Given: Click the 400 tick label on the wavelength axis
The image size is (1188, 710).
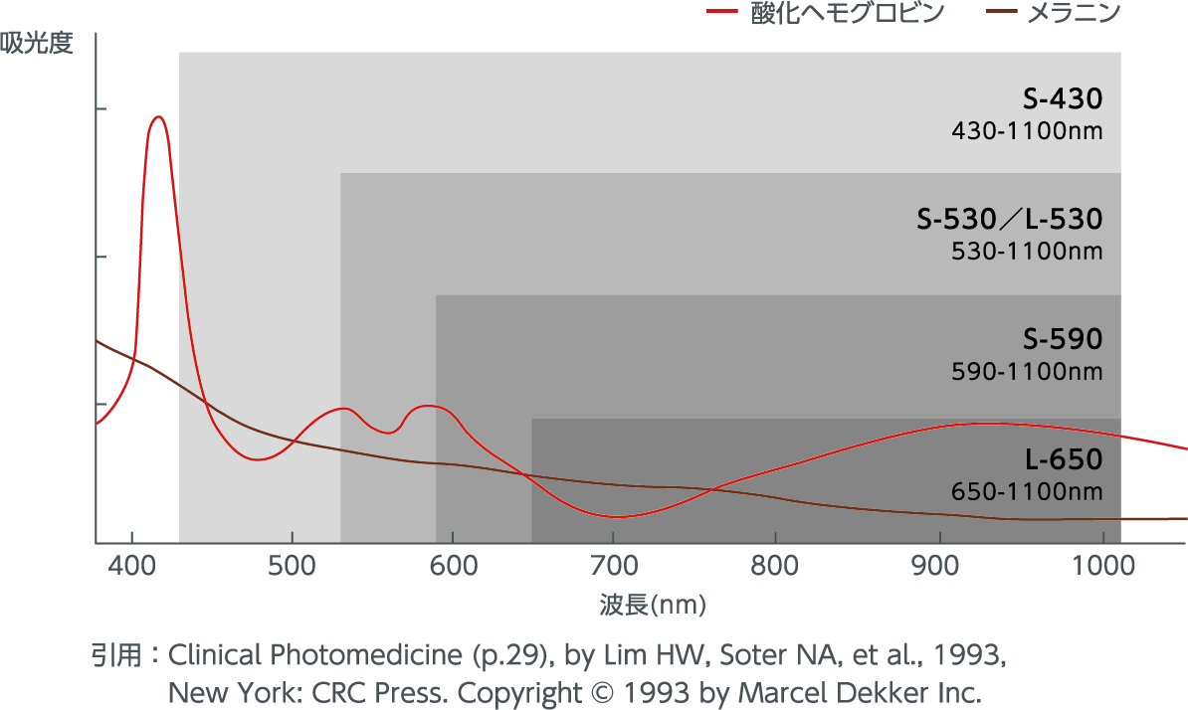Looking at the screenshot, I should pyautogui.click(x=132, y=566).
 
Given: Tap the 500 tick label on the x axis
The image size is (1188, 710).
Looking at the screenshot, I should pyautogui.click(x=291, y=566).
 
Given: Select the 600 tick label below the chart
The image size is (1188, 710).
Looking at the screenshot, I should pyautogui.click(x=452, y=566).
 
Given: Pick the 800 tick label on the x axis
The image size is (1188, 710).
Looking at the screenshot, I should pyautogui.click(x=774, y=566).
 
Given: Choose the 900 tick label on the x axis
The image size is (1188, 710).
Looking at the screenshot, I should pyautogui.click(x=936, y=566).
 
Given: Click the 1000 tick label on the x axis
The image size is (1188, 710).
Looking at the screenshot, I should pyautogui.click(x=1102, y=566).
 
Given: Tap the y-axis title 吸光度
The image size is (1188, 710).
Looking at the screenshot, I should pyautogui.click(x=37, y=45).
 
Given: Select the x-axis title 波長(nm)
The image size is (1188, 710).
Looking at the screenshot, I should pyautogui.click(x=644, y=604).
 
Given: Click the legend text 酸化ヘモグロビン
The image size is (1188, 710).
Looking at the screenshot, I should pyautogui.click(x=847, y=14).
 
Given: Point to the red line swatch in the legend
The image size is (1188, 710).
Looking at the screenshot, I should pyautogui.click(x=720, y=14).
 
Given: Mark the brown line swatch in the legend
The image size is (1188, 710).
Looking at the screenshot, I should pyautogui.click(x=998, y=14).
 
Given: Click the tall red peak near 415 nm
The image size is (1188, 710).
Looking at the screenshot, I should pyautogui.click(x=157, y=117).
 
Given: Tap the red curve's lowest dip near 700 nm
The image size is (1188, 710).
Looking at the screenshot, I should pyautogui.click(x=617, y=516).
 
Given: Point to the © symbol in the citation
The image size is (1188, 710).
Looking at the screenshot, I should pyautogui.click(x=604, y=692).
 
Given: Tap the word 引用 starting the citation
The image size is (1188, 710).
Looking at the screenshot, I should pyautogui.click(x=112, y=656).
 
